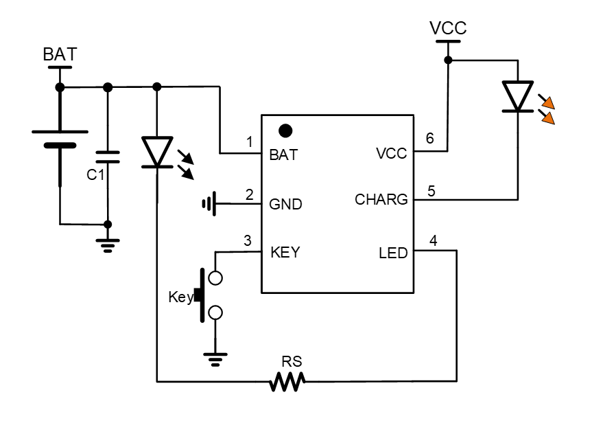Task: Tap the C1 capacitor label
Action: (95, 175)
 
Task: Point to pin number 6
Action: (430, 138)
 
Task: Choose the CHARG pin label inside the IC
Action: (381, 200)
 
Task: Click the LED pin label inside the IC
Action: (392, 253)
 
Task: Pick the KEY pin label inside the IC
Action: (286, 252)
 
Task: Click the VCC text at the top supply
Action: (447, 28)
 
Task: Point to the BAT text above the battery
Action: (60, 56)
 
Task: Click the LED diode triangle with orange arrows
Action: (517, 97)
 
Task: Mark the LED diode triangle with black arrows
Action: (157, 152)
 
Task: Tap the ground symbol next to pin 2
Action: (209, 204)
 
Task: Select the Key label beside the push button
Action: (180, 297)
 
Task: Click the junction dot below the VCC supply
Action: (448, 60)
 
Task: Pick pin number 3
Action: (248, 240)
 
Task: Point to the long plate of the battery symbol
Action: (60, 131)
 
